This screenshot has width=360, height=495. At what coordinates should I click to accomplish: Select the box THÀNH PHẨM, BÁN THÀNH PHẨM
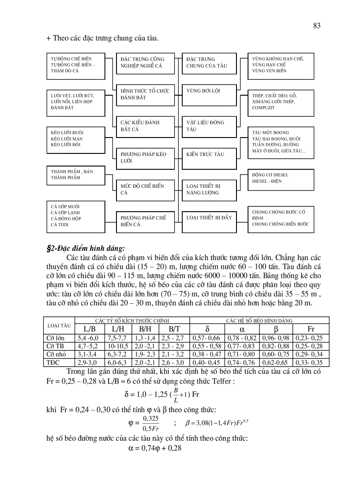75,175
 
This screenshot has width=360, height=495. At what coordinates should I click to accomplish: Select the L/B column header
89,329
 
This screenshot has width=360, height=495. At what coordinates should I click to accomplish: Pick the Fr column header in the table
311,329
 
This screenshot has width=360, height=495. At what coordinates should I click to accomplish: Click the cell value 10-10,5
117,346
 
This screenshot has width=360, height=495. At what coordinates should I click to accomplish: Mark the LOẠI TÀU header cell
59,325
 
